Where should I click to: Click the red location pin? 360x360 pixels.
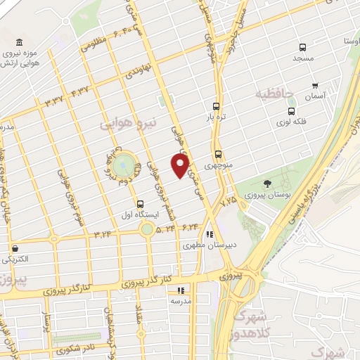pos(181,166)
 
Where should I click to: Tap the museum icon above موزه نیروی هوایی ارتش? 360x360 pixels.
pos(19,42)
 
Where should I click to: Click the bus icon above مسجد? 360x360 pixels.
pos(302,48)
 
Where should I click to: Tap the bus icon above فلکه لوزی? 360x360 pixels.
pos(291,111)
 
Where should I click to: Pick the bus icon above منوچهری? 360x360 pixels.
pos(218,154)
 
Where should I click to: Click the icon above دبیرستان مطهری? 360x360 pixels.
pos(209,234)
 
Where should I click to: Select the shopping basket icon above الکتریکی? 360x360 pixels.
pos(15,247)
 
